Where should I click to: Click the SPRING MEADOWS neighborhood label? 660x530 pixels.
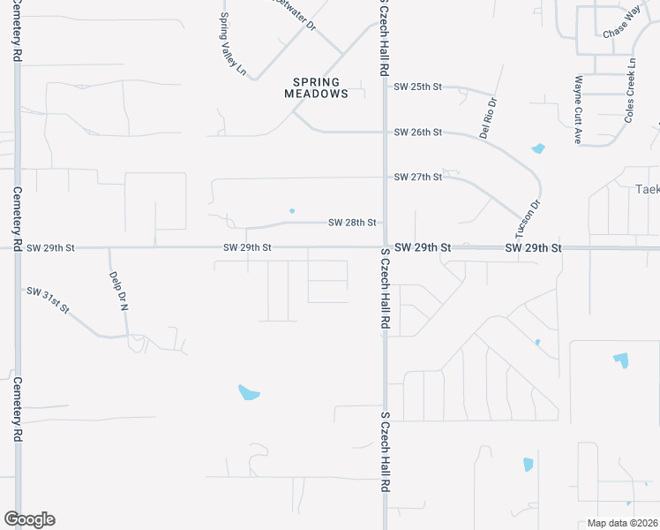(316, 88)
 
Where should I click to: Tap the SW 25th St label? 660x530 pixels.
(417, 87)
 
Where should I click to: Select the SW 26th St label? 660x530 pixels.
(417, 132)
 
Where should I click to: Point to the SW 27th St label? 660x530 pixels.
(417, 177)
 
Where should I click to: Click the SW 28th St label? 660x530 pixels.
(353, 223)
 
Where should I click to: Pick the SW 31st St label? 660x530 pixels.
(49, 299)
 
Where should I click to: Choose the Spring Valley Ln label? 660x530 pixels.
(232, 42)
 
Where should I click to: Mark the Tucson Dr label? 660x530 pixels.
(529, 216)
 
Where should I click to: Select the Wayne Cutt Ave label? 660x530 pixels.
(579, 110)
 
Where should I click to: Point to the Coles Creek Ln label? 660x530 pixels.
(630, 91)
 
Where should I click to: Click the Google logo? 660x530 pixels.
(29, 519)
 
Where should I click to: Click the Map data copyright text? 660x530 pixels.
(623, 523)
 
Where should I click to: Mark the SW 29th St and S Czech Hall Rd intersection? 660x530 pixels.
(385, 248)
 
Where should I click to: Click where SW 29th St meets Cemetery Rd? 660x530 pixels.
(17, 248)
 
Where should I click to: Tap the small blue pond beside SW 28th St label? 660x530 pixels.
(292, 210)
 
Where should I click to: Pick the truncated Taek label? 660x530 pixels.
(648, 189)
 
